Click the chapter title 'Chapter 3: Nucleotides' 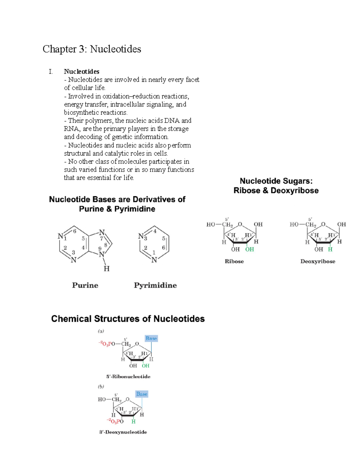92,49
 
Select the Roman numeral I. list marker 51,72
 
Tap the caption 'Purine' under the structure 85,285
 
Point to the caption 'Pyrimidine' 155,285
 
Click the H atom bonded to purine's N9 106,268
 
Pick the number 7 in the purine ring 101,238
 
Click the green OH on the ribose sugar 250,249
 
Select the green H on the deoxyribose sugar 330,249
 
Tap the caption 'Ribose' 234,262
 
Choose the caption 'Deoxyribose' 318,262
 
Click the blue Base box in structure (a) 151,338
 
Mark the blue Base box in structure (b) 142,394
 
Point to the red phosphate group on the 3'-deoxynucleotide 115,421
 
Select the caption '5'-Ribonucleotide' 128,377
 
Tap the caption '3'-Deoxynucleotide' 123,432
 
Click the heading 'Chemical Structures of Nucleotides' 128,319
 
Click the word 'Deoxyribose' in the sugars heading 294,191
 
